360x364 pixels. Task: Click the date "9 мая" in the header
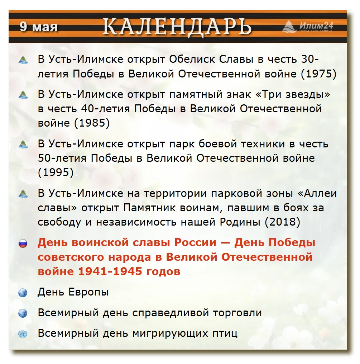click(38, 27)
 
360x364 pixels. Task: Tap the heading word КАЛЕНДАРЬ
click(177, 27)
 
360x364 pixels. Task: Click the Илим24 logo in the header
click(308, 27)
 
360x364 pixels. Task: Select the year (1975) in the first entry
click(318, 74)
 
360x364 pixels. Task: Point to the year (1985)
click(92, 123)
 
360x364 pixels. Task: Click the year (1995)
click(56, 172)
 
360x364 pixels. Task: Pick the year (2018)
click(283, 222)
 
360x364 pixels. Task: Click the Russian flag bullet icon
click(23, 244)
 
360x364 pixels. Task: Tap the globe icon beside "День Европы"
click(23, 293)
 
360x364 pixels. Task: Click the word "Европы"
click(88, 292)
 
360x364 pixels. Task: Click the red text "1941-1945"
click(110, 271)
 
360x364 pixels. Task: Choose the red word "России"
click(195, 242)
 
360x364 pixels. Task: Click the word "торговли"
click(237, 313)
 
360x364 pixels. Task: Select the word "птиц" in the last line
click(225, 334)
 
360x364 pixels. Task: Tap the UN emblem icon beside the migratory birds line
click(23, 334)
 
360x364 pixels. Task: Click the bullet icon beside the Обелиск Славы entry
click(23, 60)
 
